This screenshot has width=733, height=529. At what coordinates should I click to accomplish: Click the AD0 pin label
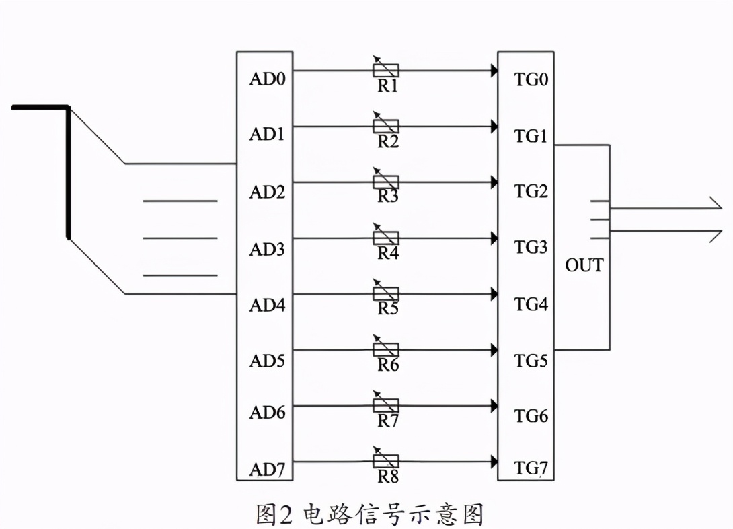pyautogui.click(x=268, y=79)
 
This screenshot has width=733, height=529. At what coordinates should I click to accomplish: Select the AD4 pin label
pyautogui.click(x=268, y=305)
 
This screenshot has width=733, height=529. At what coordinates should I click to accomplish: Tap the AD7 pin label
pyautogui.click(x=268, y=468)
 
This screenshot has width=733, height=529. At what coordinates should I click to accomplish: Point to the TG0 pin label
pyautogui.click(x=532, y=80)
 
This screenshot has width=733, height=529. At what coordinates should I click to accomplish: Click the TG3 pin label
pyautogui.click(x=532, y=247)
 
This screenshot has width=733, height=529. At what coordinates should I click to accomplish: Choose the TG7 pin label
pyautogui.click(x=532, y=468)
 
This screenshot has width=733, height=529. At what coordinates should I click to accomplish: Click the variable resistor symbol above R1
pyautogui.click(x=386, y=69)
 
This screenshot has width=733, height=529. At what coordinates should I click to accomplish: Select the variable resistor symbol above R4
pyautogui.click(x=386, y=238)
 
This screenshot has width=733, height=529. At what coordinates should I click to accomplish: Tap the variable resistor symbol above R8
pyautogui.click(x=386, y=461)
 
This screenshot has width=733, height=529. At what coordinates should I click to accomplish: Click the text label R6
pyautogui.click(x=388, y=365)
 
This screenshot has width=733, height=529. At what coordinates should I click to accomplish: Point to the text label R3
pyautogui.click(x=388, y=197)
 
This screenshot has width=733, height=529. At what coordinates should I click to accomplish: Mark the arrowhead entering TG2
pyautogui.click(x=494, y=182)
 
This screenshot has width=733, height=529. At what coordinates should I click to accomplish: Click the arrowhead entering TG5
pyautogui.click(x=494, y=350)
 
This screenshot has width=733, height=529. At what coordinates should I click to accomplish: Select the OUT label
pyautogui.click(x=584, y=265)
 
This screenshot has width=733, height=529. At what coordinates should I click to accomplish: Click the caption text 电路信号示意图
pyautogui.click(x=393, y=515)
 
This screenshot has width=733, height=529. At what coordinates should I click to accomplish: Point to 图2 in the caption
pyautogui.click(x=275, y=515)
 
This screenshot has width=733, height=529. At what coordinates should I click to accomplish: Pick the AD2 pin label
pyautogui.click(x=268, y=192)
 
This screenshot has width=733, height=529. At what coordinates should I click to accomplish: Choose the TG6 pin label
pyautogui.click(x=532, y=416)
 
